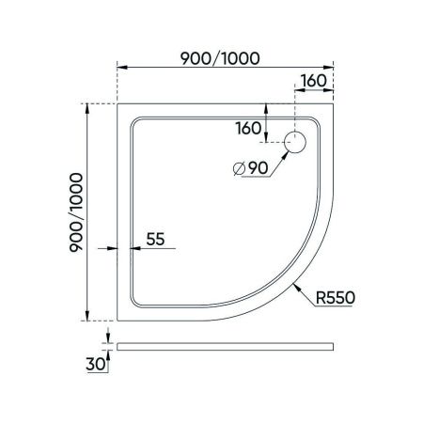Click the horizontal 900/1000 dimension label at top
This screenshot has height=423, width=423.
point(221,55)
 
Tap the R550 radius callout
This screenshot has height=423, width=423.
point(334,297)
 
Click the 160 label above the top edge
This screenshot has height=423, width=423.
point(316,80)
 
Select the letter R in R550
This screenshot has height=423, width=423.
point(321,297)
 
